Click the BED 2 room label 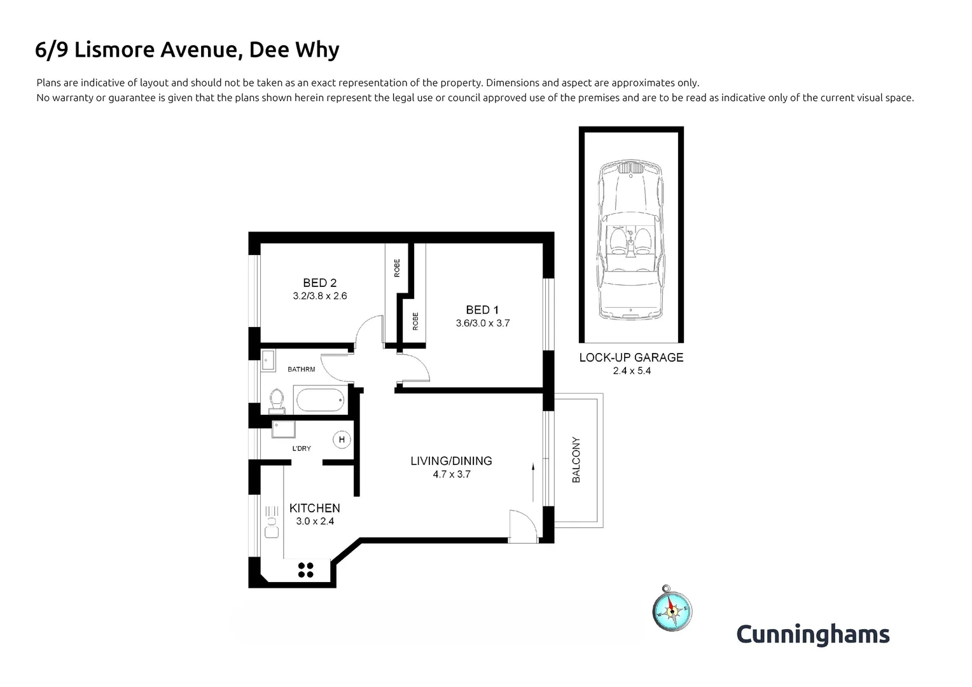(319, 283)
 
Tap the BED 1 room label (482, 310)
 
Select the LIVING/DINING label (451, 461)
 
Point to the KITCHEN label (314, 508)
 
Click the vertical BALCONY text (577, 459)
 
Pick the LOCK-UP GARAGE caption (631, 357)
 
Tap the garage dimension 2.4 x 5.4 (632, 371)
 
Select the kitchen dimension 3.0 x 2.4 (315, 521)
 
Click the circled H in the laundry (342, 440)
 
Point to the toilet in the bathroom (276, 400)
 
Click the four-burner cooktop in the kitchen (305, 570)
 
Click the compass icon (671, 610)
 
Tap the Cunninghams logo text (812, 634)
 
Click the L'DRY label (302, 448)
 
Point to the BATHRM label (301, 369)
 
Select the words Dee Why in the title (293, 50)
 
